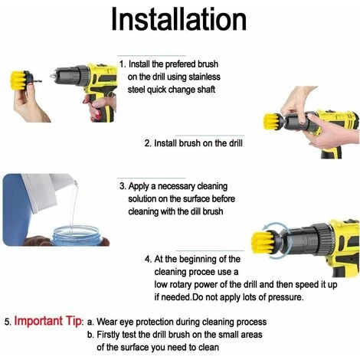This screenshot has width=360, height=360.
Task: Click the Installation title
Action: (x=178, y=19)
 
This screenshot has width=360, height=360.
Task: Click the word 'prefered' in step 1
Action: (x=178, y=64)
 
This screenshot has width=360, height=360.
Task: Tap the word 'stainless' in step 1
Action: (x=205, y=77)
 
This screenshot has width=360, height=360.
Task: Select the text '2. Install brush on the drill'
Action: (x=193, y=143)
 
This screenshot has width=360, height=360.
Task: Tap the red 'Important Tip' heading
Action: (x=48, y=321)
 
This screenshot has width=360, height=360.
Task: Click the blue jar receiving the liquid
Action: (x=77, y=236)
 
